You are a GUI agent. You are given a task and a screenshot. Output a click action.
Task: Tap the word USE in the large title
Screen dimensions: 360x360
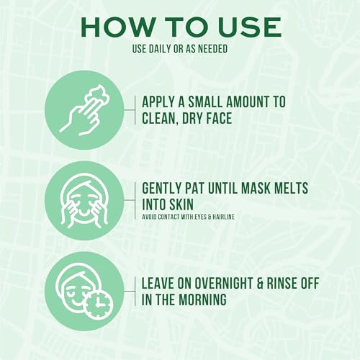[246, 27]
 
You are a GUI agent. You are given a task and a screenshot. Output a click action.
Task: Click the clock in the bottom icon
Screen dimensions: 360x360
[97, 305]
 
